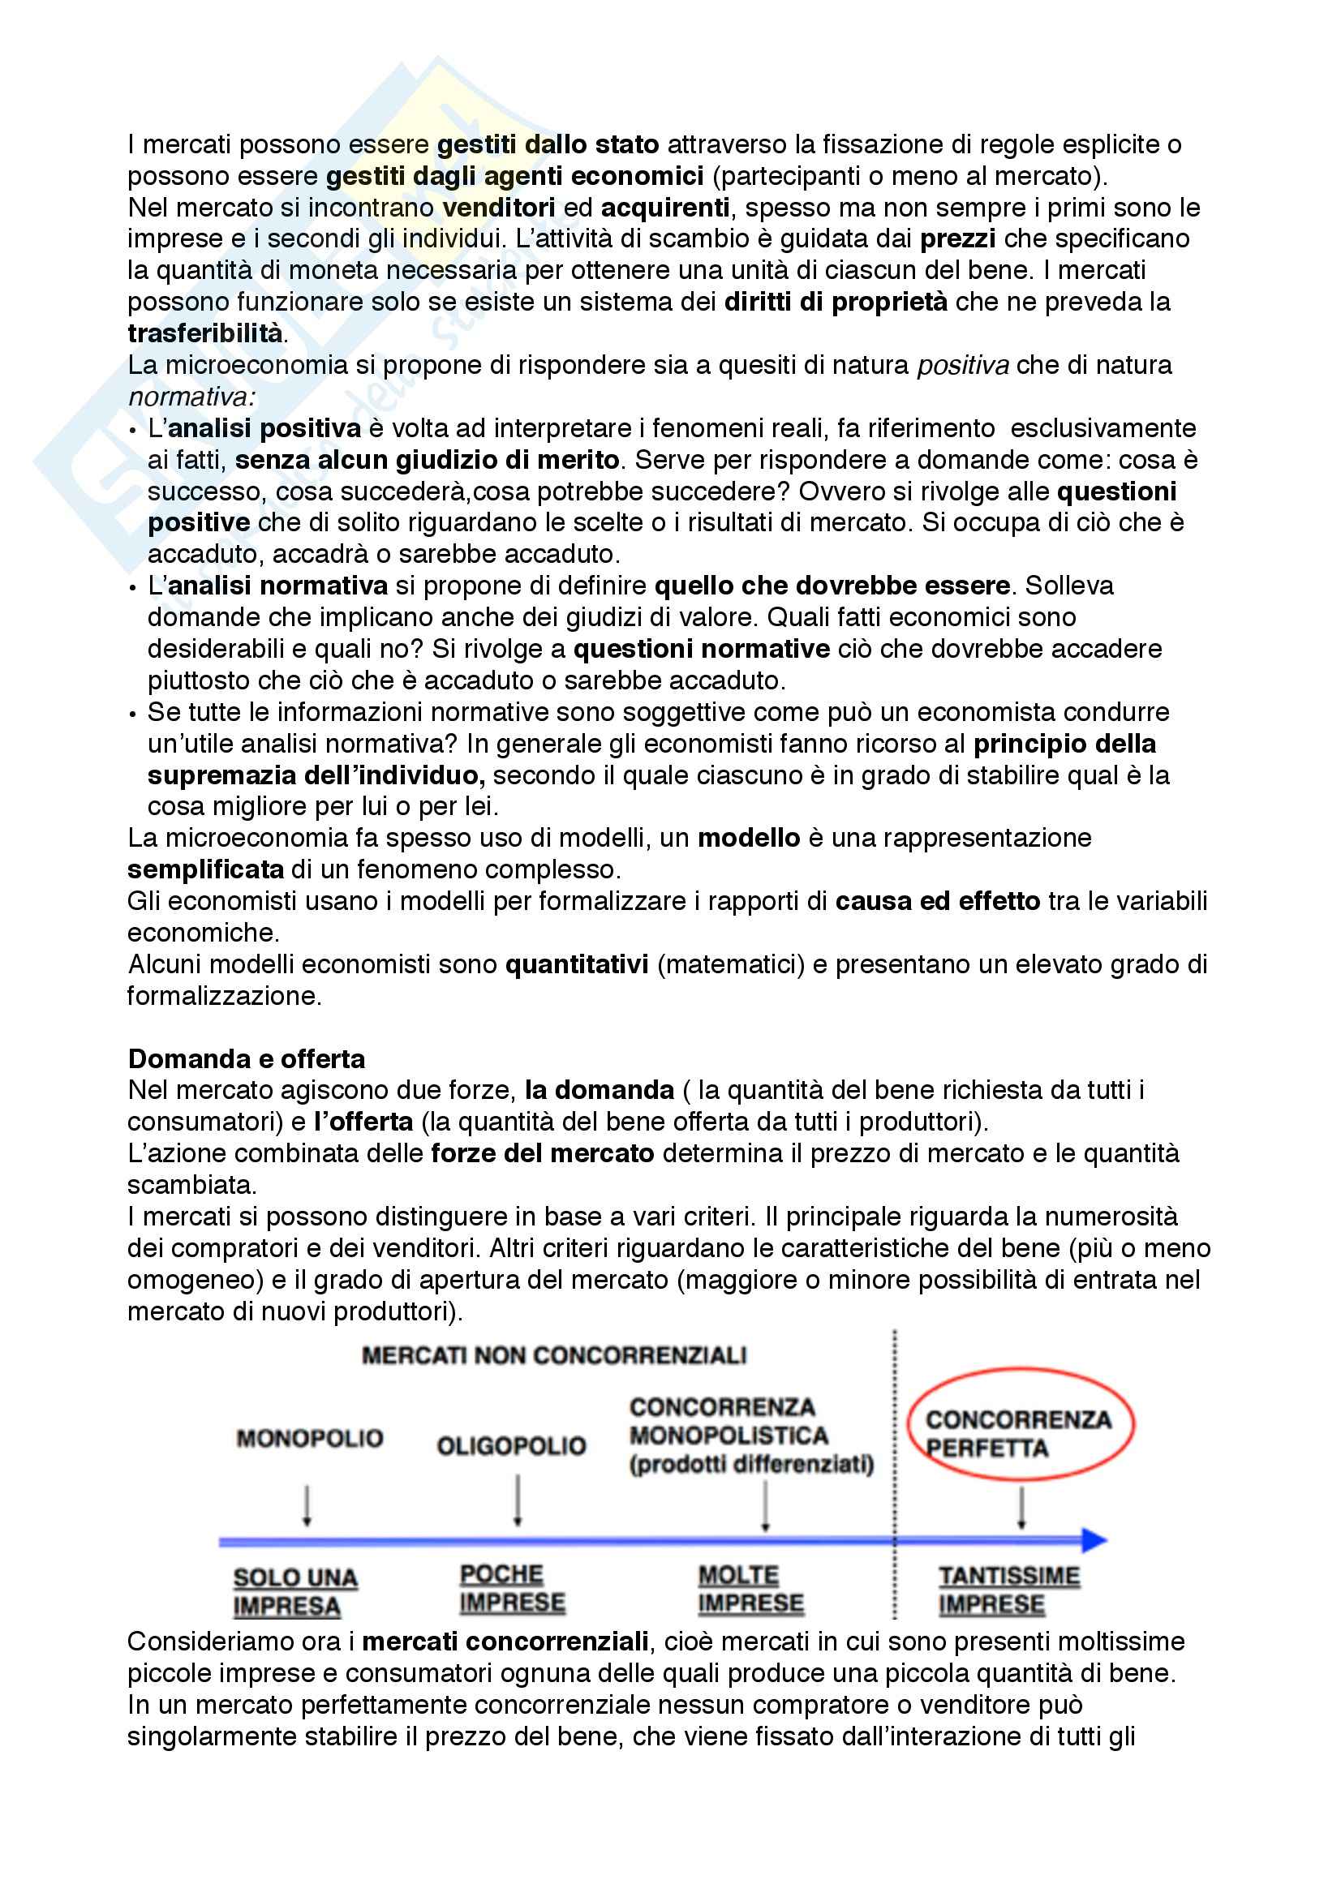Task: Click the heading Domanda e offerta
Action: pyautogui.click(x=247, y=1058)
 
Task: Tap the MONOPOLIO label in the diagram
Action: pyautogui.click(x=310, y=1439)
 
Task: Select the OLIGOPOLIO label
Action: pyautogui.click(x=511, y=1446)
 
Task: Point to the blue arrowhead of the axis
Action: pyautogui.click(x=1094, y=1540)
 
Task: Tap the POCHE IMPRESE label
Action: pyautogui.click(x=512, y=1588)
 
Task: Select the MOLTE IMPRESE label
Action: pyautogui.click(x=750, y=1589)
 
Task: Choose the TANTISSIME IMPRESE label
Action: pyautogui.click(x=1008, y=1590)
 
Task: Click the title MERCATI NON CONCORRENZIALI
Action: pyautogui.click(x=553, y=1356)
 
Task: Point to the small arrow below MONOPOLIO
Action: pyautogui.click(x=307, y=1505)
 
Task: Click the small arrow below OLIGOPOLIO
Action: pyautogui.click(x=518, y=1501)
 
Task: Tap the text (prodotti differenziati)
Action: pyautogui.click(x=751, y=1464)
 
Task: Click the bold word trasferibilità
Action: pyautogui.click(x=205, y=333)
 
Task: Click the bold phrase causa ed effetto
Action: pyautogui.click(x=937, y=900)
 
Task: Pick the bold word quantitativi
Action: pyautogui.click(x=577, y=964)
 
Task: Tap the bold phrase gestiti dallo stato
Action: pyautogui.click(x=548, y=144)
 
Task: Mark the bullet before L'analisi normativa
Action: pyautogui.click(x=132, y=587)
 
